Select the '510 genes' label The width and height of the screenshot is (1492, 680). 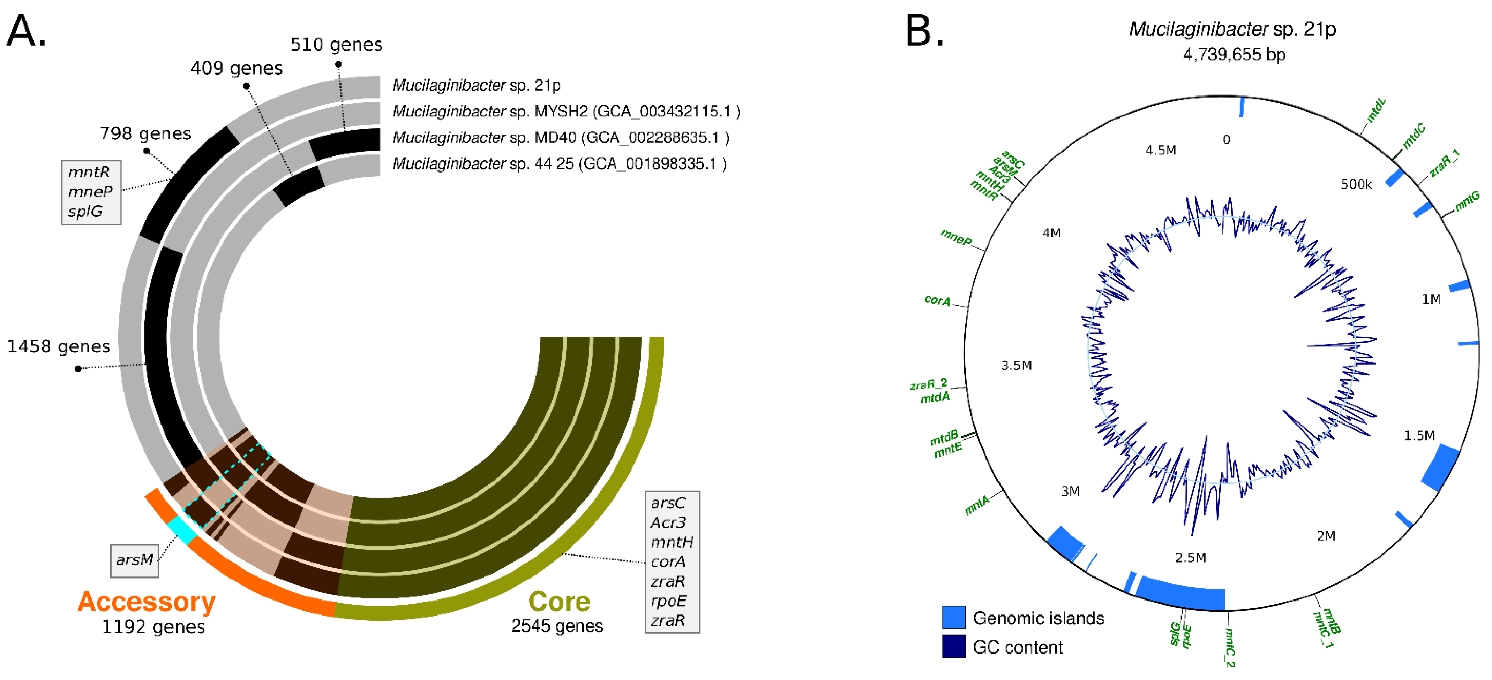pos(336,45)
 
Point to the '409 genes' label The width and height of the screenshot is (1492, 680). pos(236,68)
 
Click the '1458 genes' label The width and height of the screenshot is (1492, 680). pos(59,347)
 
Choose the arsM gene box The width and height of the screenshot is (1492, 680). pos(134,560)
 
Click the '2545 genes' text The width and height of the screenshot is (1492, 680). pos(557,626)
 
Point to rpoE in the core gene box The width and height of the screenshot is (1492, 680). pos(668,601)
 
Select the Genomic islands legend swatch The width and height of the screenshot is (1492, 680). pos(953,618)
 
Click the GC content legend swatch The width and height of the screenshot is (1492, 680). pos(953,647)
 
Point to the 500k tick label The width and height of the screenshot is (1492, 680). pos(1356,184)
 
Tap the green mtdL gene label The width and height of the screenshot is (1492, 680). pos(1376,110)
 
